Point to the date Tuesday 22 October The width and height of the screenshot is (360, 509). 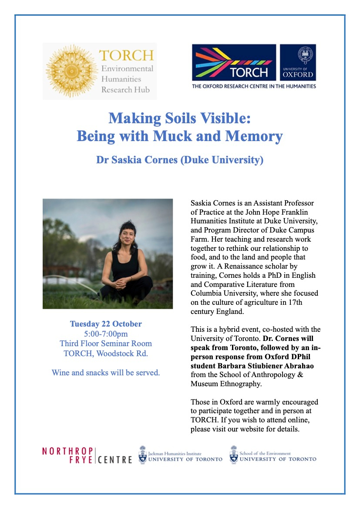[106, 324]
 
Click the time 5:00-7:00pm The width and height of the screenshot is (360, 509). [106, 334]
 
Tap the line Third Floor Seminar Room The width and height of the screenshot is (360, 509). [106, 344]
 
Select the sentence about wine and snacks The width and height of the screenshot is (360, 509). [106, 372]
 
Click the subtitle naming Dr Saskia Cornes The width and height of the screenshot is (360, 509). [180, 160]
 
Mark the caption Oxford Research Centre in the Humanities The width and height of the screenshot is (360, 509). [254, 86]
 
